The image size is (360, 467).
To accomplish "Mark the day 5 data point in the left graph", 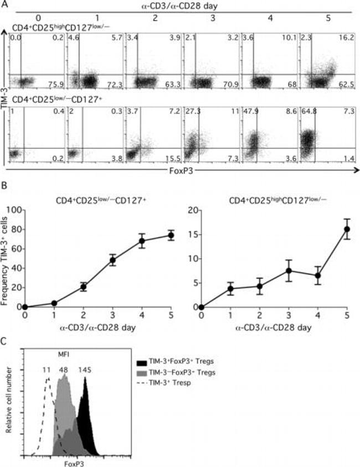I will click(x=171, y=235).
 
